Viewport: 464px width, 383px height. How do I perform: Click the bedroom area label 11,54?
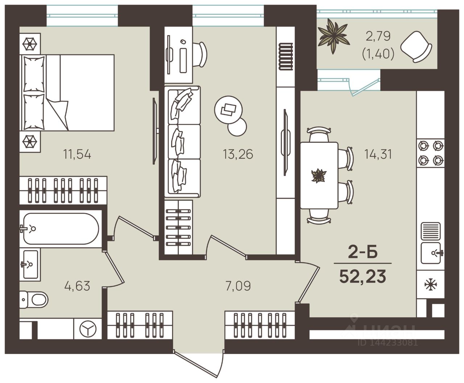coord(77,154)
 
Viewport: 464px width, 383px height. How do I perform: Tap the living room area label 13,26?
coord(238,154)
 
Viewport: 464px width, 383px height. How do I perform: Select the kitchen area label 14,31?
coord(378,154)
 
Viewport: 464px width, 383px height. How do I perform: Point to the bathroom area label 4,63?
coord(77,286)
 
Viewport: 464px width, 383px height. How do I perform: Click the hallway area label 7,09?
coord(238,286)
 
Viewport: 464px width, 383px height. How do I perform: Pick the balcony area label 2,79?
coord(378,36)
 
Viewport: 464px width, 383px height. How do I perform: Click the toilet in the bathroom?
coord(34,300)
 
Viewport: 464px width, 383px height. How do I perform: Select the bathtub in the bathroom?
coord(61,229)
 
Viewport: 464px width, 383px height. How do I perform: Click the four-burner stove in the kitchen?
coord(431,153)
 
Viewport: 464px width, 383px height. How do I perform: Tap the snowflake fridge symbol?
coord(431,284)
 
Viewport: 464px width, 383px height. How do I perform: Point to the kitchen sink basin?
coord(431,253)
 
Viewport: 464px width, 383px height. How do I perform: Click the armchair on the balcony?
coord(416,47)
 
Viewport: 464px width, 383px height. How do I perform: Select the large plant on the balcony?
coord(333,37)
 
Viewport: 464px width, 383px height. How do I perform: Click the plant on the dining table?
coord(319,175)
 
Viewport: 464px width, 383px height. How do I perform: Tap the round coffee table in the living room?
coord(228,110)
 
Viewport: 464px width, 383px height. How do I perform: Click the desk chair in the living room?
coord(199,54)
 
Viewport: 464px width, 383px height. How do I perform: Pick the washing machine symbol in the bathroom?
coord(88,329)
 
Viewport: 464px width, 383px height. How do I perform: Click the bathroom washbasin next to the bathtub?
coord(30,264)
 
